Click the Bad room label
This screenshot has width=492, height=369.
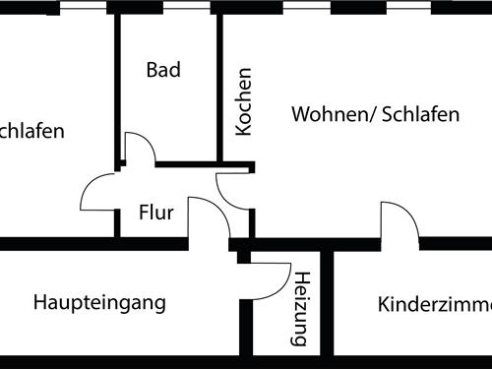[x=164, y=70]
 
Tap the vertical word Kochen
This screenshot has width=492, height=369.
[x=243, y=101]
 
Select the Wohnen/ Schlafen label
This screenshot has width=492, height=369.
[x=375, y=114]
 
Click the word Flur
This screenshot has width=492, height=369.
[x=155, y=212]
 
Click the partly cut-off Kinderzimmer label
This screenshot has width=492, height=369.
[x=434, y=304]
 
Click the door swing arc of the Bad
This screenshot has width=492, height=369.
[x=140, y=148]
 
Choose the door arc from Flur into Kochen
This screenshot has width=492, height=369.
[x=234, y=189]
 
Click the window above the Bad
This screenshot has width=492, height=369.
[x=162, y=6]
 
